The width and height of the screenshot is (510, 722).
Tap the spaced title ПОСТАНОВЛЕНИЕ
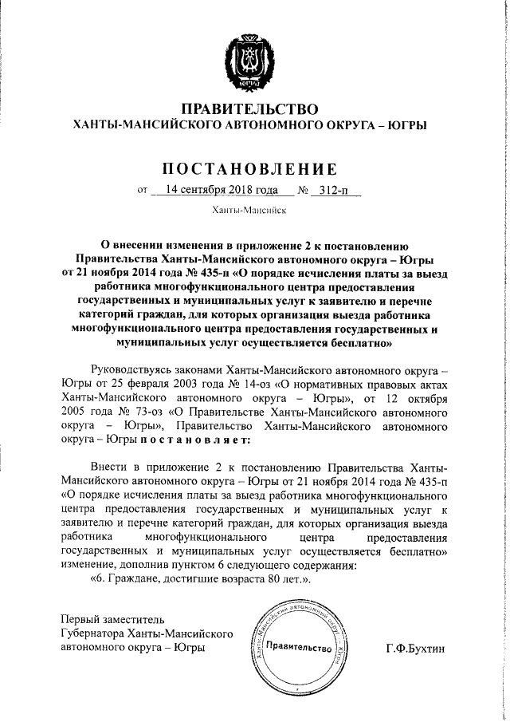point(250,169)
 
